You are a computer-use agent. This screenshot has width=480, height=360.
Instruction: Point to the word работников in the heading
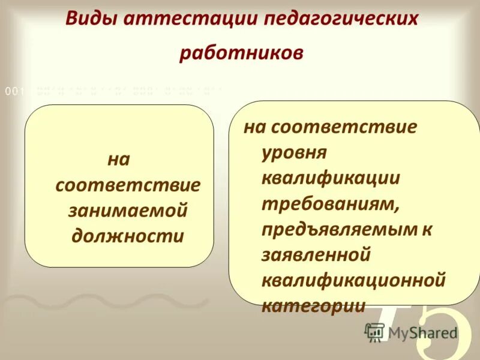(241, 52)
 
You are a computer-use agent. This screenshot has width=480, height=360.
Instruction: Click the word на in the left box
(118, 160)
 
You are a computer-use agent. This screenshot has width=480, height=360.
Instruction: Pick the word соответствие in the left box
(128, 185)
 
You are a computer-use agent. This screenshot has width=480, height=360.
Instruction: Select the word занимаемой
(128, 210)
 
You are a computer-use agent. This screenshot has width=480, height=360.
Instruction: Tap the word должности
(128, 235)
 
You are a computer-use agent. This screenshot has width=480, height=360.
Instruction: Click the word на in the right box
(254, 127)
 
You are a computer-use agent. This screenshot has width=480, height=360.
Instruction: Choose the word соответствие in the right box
(344, 127)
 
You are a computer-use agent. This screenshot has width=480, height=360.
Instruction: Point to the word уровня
(294, 153)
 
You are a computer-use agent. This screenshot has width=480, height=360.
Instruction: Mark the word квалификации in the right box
(331, 178)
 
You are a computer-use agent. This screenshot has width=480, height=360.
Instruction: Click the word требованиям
(331, 204)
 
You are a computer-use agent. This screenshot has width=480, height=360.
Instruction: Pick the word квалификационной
(353, 280)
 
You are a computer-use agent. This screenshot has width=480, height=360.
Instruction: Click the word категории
(313, 305)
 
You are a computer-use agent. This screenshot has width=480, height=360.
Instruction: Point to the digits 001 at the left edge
(14, 92)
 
